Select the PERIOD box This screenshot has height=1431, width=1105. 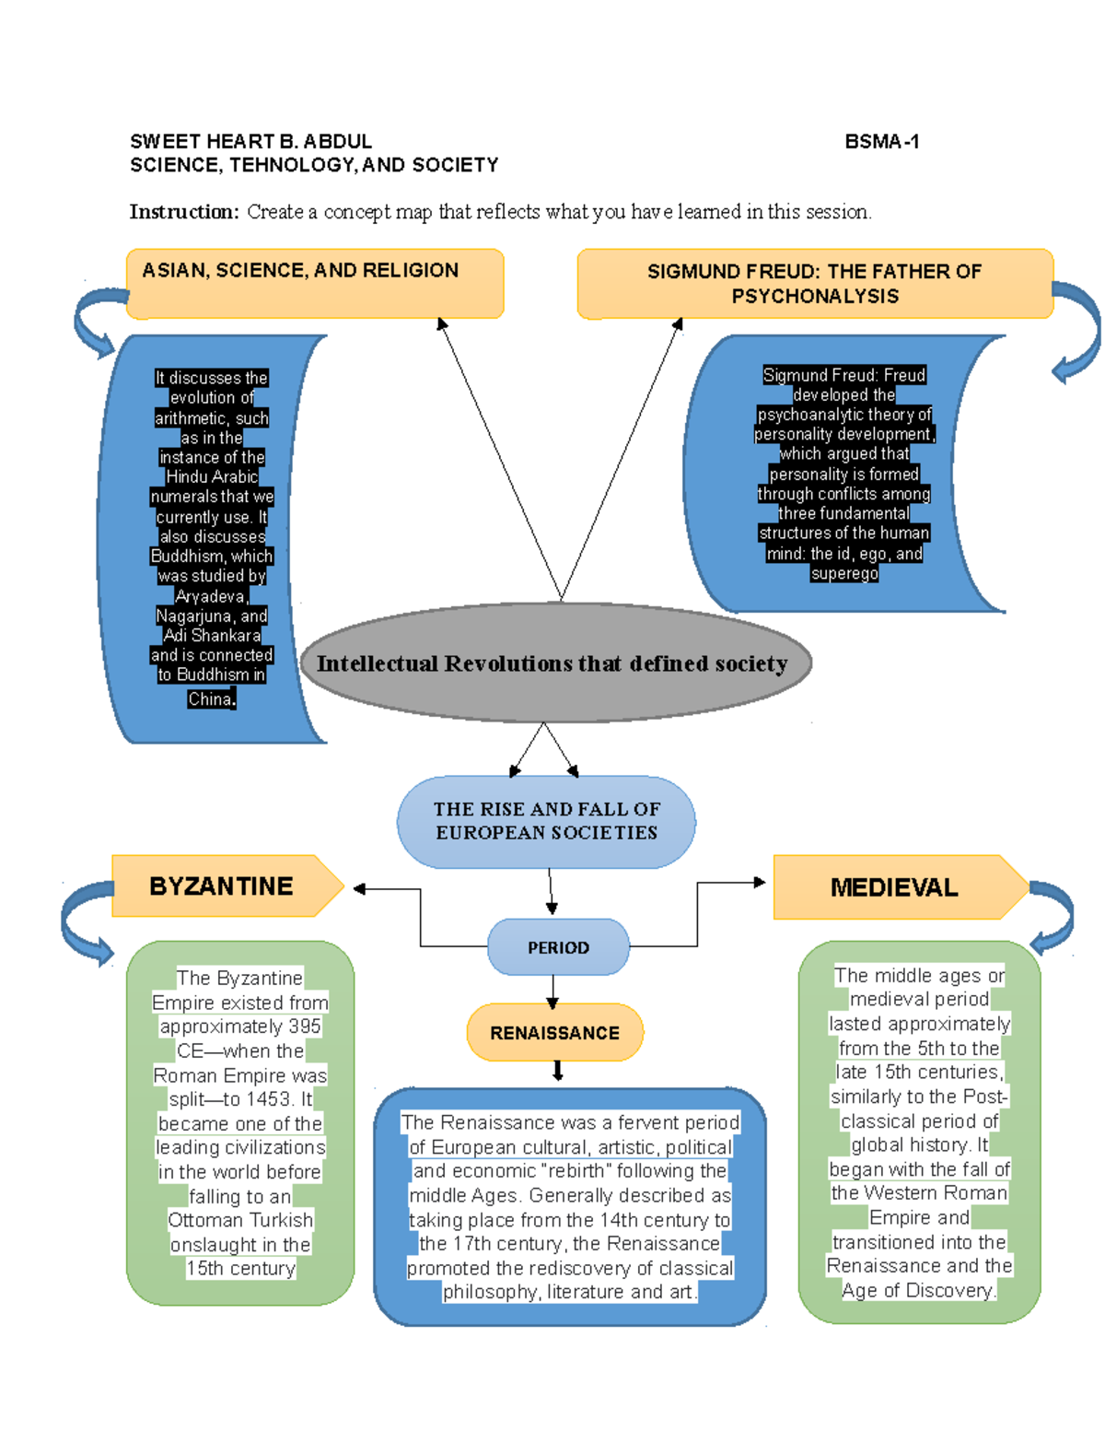point(558,947)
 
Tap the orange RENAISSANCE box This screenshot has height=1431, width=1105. point(554,1033)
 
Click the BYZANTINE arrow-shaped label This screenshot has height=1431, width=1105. point(222,886)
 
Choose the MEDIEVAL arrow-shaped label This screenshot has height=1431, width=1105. point(895,887)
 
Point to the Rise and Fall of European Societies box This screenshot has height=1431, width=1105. point(547,821)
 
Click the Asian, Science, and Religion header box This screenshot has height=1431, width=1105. point(314,283)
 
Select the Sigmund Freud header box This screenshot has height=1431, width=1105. point(814,284)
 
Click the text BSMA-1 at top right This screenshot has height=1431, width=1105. point(881,142)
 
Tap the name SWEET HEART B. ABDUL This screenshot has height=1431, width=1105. point(250,142)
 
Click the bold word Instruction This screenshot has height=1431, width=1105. point(183,212)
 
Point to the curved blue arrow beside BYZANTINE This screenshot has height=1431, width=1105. point(85,921)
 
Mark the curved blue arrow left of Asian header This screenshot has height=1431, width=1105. point(97,323)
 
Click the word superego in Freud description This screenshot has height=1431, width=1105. point(844,574)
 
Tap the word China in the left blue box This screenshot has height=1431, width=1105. point(210,699)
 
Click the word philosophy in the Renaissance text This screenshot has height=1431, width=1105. point(491,1293)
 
